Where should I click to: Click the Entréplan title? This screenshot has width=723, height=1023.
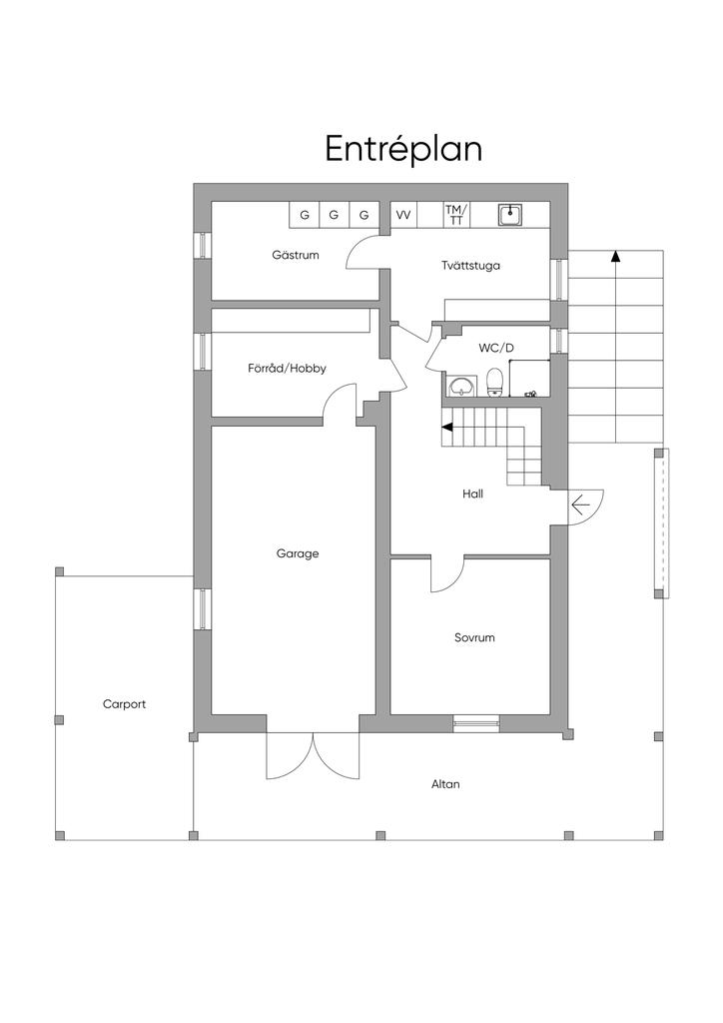click(403, 150)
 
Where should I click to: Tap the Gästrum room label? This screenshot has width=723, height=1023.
click(296, 255)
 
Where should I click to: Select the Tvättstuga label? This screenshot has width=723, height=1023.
click(470, 266)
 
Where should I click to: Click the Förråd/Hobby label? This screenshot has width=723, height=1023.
click(287, 368)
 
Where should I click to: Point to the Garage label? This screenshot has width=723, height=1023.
click(298, 553)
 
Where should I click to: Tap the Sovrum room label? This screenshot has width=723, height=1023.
click(474, 637)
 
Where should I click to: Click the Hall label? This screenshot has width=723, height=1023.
click(472, 494)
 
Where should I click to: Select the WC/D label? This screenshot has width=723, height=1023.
click(496, 349)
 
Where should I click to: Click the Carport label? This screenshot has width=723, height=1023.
click(125, 704)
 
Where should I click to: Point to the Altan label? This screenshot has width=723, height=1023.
click(445, 784)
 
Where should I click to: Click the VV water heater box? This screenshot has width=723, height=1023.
click(403, 215)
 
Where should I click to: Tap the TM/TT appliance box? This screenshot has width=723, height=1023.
click(456, 215)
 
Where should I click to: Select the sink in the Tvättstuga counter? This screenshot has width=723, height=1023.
click(510, 215)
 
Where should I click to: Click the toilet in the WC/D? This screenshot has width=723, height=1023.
click(495, 383)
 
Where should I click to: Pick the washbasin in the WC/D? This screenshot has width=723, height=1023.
click(463, 386)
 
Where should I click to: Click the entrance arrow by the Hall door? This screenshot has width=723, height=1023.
click(580, 505)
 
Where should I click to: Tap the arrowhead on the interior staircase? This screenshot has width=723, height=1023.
click(446, 428)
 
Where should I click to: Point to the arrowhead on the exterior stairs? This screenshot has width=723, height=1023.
click(615, 256)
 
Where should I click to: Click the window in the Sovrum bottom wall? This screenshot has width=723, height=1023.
click(476, 722)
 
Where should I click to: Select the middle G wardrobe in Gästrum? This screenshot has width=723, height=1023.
click(334, 215)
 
